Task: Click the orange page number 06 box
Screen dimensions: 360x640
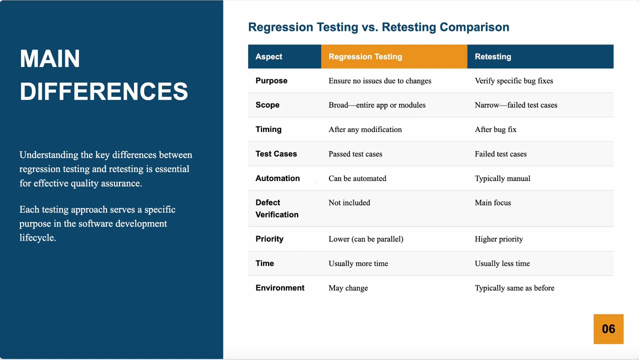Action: [608, 329]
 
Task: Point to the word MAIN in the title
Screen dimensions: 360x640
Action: [50, 59]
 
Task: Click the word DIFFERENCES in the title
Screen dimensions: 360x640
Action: [104, 92]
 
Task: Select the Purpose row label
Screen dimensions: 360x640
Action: [271, 80]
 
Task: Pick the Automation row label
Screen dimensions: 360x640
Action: [277, 178]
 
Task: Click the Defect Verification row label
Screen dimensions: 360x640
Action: [276, 208]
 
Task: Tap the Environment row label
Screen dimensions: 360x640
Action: [279, 288]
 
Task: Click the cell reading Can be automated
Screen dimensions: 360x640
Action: [357, 178]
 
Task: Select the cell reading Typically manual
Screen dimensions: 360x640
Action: [502, 178]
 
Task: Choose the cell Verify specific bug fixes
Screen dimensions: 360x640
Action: [513, 81]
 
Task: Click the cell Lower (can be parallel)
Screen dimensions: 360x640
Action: [365, 239]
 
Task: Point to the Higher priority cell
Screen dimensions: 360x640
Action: [498, 239]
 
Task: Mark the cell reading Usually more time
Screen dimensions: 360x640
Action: [358, 263]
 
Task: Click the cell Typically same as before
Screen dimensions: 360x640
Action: [514, 288]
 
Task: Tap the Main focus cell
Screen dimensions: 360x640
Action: [492, 202]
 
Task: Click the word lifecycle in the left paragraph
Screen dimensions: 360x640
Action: [37, 238]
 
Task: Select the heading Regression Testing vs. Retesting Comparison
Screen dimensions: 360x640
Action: [378, 27]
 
